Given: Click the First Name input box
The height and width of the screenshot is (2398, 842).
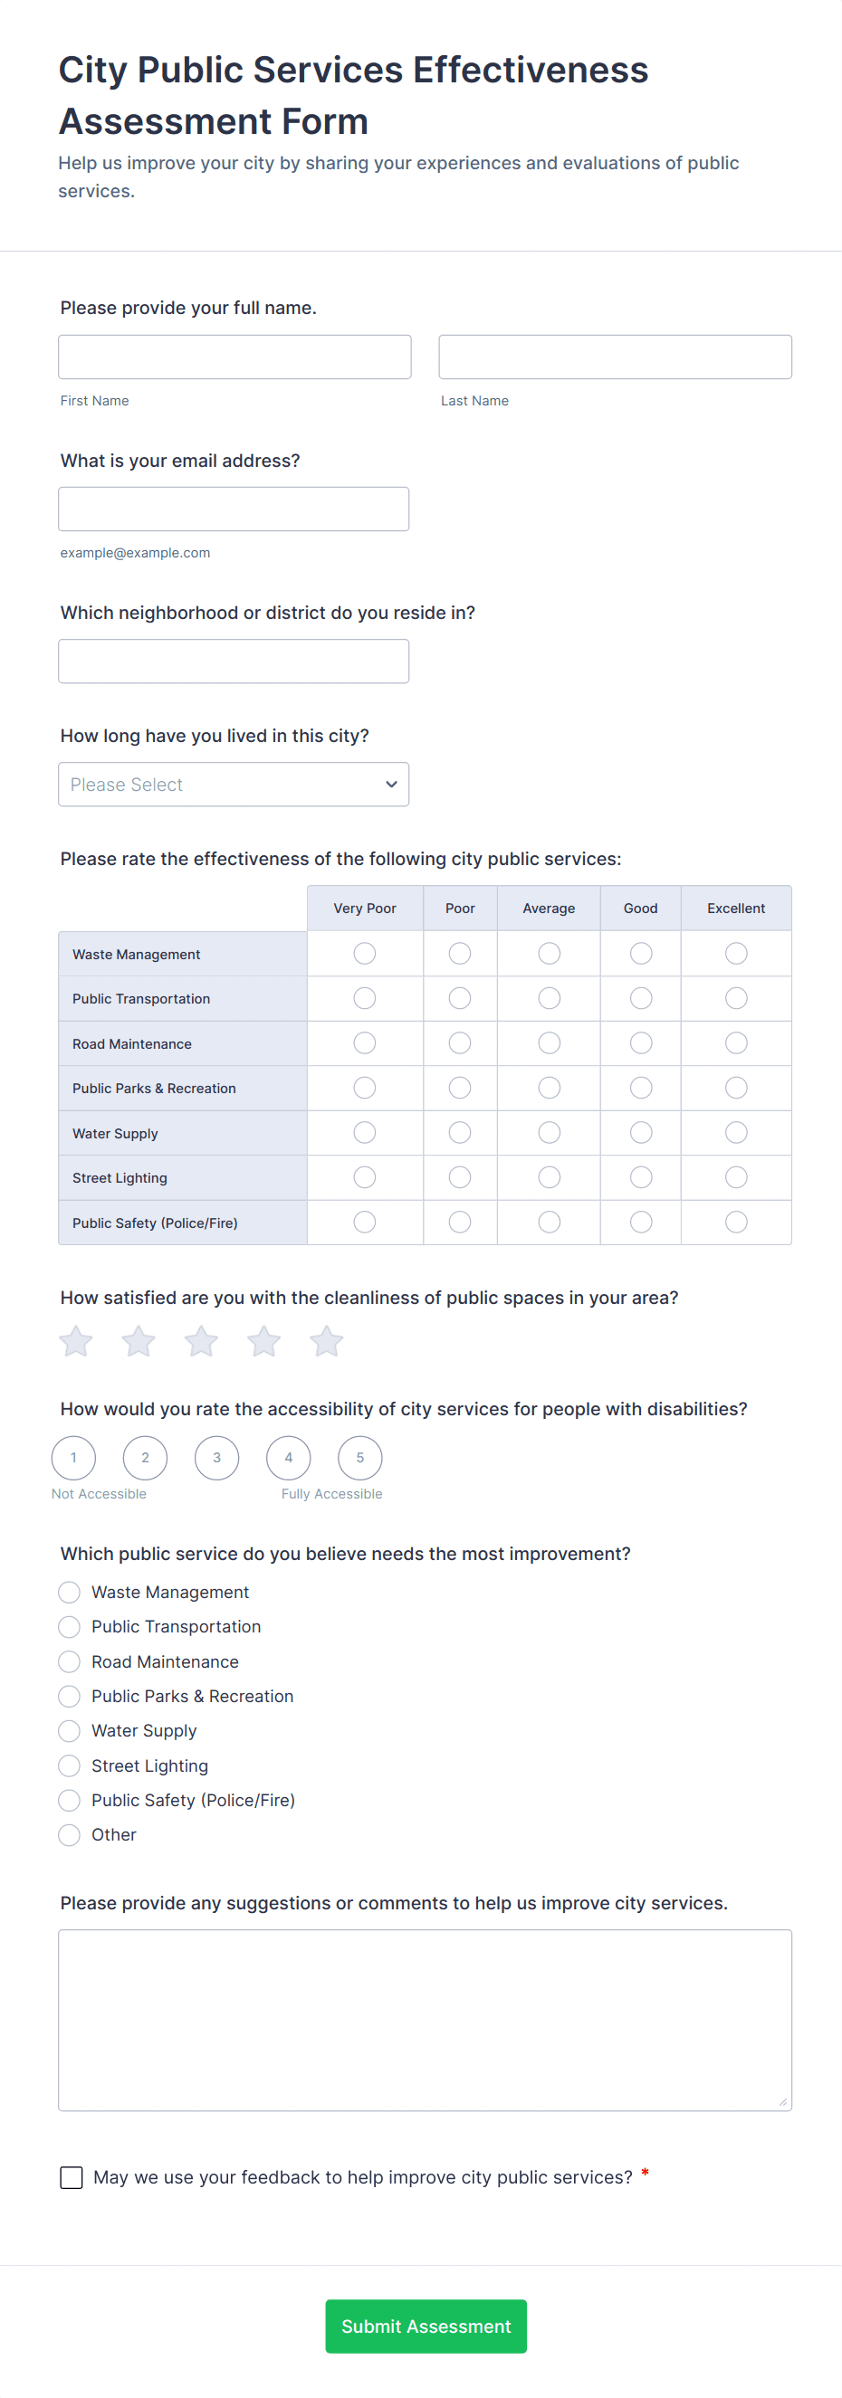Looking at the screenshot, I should tap(234, 357).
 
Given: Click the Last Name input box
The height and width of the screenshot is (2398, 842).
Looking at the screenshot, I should tap(615, 357).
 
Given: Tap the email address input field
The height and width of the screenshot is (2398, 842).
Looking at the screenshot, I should tap(233, 509).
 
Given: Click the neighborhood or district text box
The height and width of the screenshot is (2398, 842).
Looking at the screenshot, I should tap(233, 661).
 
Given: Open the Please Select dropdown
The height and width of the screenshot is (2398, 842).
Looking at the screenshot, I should tap(233, 785).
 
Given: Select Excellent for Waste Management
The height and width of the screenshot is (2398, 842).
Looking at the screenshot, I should tap(736, 953).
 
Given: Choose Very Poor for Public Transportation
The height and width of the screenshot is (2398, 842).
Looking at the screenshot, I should tap(364, 998).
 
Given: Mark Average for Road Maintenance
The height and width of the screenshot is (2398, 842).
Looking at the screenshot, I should tap(549, 1042).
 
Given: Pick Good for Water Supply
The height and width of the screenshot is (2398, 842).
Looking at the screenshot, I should tap(641, 1132).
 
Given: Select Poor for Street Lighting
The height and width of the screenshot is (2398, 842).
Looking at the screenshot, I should tap(459, 1177).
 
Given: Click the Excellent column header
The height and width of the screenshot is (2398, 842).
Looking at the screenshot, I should tap(736, 909).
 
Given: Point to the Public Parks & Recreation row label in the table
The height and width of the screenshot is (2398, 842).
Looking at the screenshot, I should tap(155, 1089).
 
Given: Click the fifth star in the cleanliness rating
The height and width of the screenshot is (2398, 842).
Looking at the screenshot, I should tap(326, 1341).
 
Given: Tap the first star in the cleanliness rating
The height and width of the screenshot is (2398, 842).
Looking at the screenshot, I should tap(76, 1341).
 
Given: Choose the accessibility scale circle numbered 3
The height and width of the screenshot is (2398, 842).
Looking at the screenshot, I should tap(217, 1458).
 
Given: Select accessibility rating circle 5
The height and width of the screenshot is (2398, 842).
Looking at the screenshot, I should tap(360, 1458).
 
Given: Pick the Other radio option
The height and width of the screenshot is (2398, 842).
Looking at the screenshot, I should tap(69, 1835).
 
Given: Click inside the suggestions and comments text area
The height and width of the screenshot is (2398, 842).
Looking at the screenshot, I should tap(425, 2020).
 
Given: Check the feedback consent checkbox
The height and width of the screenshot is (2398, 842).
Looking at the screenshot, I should tap(72, 2177).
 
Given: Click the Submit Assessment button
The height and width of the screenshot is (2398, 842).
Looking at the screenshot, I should tap(426, 2327).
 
